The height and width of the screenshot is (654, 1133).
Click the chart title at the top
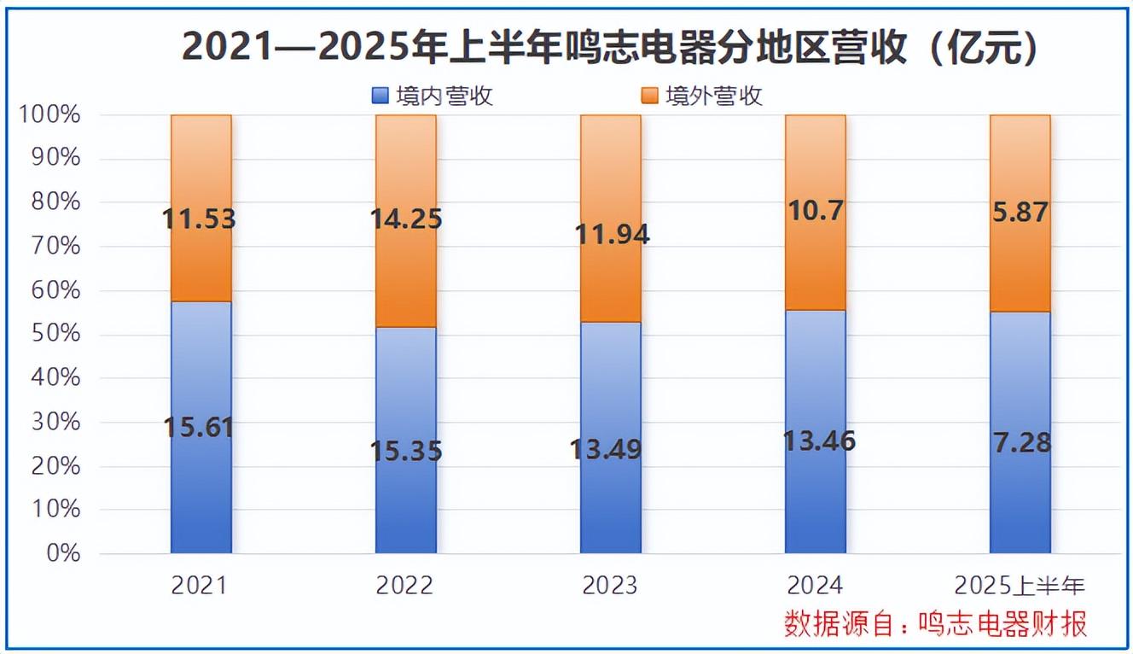point(611,47)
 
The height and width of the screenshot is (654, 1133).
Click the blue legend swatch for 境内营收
point(381,96)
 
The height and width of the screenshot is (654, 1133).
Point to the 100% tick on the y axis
point(50,114)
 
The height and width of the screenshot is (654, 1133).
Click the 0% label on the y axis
point(60,553)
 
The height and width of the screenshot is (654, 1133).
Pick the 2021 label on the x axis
point(200,585)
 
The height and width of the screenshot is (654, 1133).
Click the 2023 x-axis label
point(610,585)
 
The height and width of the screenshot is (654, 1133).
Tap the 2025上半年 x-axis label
point(1020,585)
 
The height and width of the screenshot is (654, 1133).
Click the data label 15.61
point(200,427)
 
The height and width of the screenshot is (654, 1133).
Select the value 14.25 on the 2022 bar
point(405,219)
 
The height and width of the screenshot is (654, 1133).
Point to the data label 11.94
point(611,233)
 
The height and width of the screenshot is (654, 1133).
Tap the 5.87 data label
point(1020,213)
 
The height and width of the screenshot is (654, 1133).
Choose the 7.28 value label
point(1020,444)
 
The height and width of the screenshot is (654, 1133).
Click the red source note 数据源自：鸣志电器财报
point(936,623)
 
